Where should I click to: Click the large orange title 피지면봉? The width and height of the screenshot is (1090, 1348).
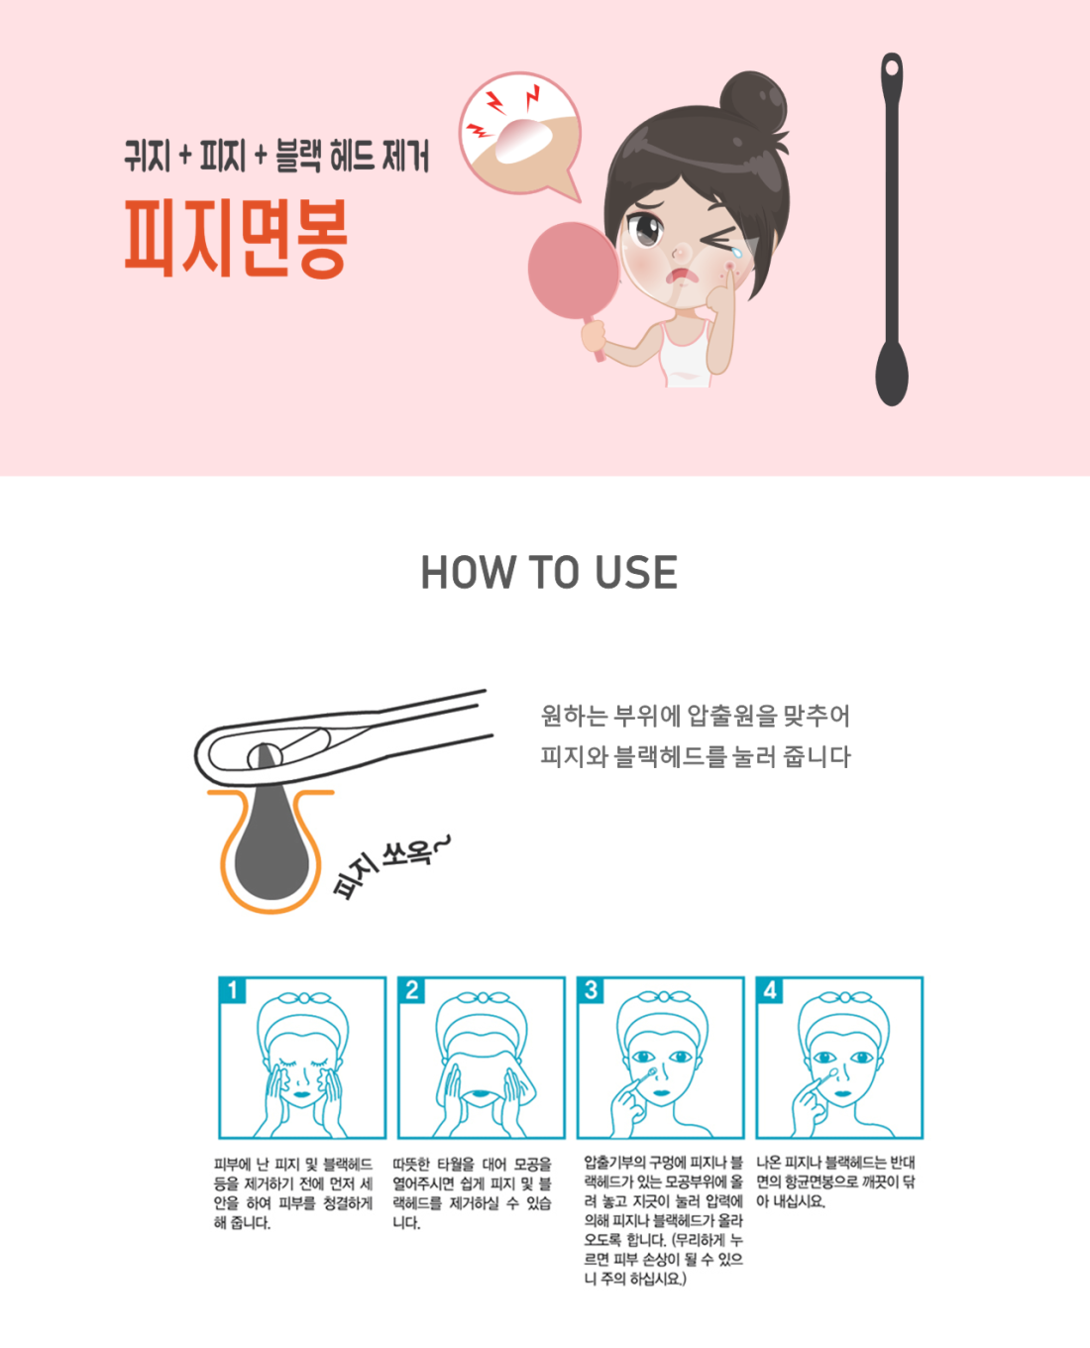click(235, 238)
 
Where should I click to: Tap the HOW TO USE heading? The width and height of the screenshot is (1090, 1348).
click(549, 572)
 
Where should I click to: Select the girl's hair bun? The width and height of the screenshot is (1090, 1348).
click(753, 101)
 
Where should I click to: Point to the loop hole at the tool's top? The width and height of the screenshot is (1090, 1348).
click(892, 66)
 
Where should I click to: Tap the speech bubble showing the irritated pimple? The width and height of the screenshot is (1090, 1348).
click(520, 134)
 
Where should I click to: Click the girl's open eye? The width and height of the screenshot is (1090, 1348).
click(645, 229)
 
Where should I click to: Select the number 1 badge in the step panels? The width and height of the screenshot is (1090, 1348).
click(232, 990)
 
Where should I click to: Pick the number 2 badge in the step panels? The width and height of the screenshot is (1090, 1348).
click(411, 990)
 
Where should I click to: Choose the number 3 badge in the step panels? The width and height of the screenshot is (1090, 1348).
click(591, 990)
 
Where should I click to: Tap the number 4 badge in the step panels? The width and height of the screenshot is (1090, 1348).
click(770, 990)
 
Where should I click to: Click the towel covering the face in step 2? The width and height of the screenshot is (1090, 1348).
click(482, 1069)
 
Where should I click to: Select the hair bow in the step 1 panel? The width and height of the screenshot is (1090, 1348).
click(303, 998)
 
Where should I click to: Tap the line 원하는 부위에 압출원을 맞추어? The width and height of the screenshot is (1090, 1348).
click(696, 716)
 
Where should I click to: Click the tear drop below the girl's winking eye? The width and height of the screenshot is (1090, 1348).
click(736, 252)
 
